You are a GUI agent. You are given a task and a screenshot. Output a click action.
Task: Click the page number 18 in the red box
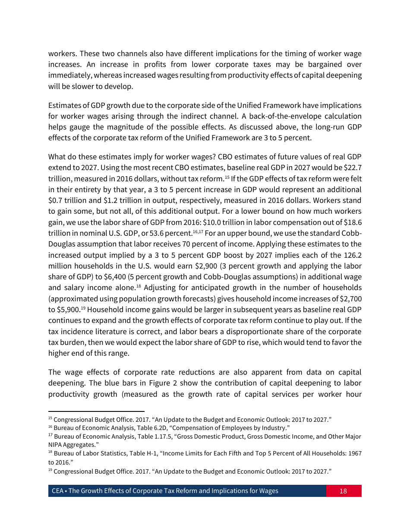[x=343, y=491]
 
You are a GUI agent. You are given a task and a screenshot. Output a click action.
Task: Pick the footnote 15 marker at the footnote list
[x=50, y=419]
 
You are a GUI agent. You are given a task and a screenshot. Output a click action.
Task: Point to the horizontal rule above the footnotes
[x=96, y=411]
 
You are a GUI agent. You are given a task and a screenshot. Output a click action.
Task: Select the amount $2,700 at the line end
[x=350, y=299]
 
